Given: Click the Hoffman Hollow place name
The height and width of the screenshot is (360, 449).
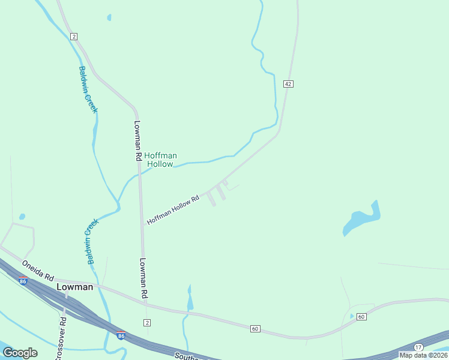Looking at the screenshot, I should pos(160,160).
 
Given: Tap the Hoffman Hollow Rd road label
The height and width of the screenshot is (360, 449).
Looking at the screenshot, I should pos(173,211).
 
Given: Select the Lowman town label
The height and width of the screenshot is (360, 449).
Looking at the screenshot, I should pos(75,287).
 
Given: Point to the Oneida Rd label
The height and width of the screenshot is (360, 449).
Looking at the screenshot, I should pos(38,271).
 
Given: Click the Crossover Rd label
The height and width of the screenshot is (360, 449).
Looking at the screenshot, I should pos(61,336).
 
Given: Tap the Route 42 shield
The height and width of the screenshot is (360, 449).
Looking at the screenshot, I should pos(289,84).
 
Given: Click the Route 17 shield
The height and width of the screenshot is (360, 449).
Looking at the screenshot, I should pos(418,347).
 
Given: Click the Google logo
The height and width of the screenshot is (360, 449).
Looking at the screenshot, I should pos(20,353).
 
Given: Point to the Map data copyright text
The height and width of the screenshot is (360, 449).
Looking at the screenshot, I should pos(424,355).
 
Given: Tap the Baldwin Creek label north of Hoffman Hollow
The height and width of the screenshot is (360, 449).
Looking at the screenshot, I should pos(88,89).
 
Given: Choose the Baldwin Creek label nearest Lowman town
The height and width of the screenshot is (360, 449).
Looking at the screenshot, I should pos(91,241).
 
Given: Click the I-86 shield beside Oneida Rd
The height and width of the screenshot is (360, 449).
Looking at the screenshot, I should pos(23,280).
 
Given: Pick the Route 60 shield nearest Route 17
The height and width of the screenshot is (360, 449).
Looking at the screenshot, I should pos(361,317).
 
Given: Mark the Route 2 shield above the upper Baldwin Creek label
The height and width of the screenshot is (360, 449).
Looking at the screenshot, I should pos(73,37).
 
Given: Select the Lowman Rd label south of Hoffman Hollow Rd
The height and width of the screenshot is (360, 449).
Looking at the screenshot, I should pos(144,278).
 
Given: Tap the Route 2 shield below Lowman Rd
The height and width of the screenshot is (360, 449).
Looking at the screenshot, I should pos(147,323).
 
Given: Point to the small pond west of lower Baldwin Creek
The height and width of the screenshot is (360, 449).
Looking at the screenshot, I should pos(22,217).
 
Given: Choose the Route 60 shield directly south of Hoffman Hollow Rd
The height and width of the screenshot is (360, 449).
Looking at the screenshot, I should pos(255,328).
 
